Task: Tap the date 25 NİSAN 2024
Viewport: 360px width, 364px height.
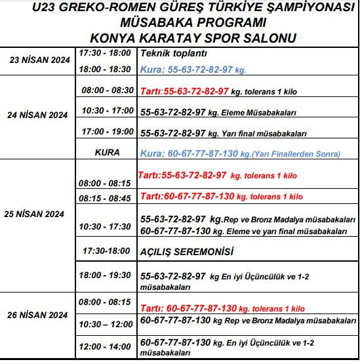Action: pyautogui.click(x=37, y=214)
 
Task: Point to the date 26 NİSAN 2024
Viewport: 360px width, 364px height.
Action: pyautogui.click(x=37, y=315)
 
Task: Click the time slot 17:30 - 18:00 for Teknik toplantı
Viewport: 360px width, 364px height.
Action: pyautogui.click(x=104, y=52)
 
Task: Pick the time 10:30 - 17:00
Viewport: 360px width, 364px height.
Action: pyautogui.click(x=108, y=111)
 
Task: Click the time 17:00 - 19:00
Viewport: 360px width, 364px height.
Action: pyautogui.click(x=108, y=132)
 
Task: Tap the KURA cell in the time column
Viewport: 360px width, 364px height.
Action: pyautogui.click(x=107, y=153)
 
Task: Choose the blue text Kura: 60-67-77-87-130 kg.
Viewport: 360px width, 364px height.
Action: pyautogui.click(x=240, y=154)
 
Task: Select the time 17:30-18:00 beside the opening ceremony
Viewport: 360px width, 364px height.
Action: pyautogui.click(x=107, y=251)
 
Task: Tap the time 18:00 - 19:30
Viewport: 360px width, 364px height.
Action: pyautogui.click(x=107, y=275)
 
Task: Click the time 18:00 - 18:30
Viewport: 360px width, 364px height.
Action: pyautogui.click(x=104, y=68)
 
